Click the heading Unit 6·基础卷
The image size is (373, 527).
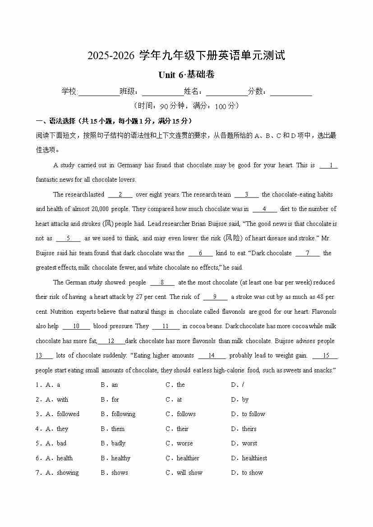[x=186, y=75]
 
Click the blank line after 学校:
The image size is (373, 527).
[x=99, y=92]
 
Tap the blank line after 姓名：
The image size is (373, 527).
[x=227, y=92]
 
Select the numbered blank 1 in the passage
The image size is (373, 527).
[x=328, y=165]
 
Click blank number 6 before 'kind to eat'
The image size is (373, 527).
[x=200, y=253]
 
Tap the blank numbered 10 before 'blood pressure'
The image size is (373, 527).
[x=76, y=326]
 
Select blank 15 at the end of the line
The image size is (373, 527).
[x=325, y=356]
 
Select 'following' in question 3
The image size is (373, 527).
[x=123, y=414]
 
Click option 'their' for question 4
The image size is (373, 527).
[x=183, y=429]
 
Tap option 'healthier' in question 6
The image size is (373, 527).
[x=188, y=458]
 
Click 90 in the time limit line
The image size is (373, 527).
[x=163, y=106]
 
